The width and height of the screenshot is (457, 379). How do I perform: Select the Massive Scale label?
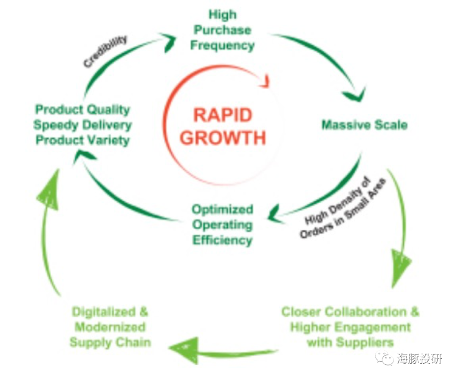(364, 125)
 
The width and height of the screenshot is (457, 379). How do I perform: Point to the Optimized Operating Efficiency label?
(223, 225)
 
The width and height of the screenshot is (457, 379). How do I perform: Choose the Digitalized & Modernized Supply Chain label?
(110, 327)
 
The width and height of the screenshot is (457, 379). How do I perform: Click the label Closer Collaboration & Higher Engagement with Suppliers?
(350, 327)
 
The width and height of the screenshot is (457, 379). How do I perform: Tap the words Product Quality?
(83, 110)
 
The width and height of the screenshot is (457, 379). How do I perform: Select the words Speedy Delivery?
(83, 125)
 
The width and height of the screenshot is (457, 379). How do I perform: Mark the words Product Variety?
(83, 140)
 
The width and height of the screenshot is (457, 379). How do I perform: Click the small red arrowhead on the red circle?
(266, 80)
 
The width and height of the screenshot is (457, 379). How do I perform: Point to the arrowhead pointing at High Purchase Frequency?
(170, 43)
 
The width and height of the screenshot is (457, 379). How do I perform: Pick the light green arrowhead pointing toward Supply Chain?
(184, 348)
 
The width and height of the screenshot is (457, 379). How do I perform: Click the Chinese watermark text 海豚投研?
(419, 359)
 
